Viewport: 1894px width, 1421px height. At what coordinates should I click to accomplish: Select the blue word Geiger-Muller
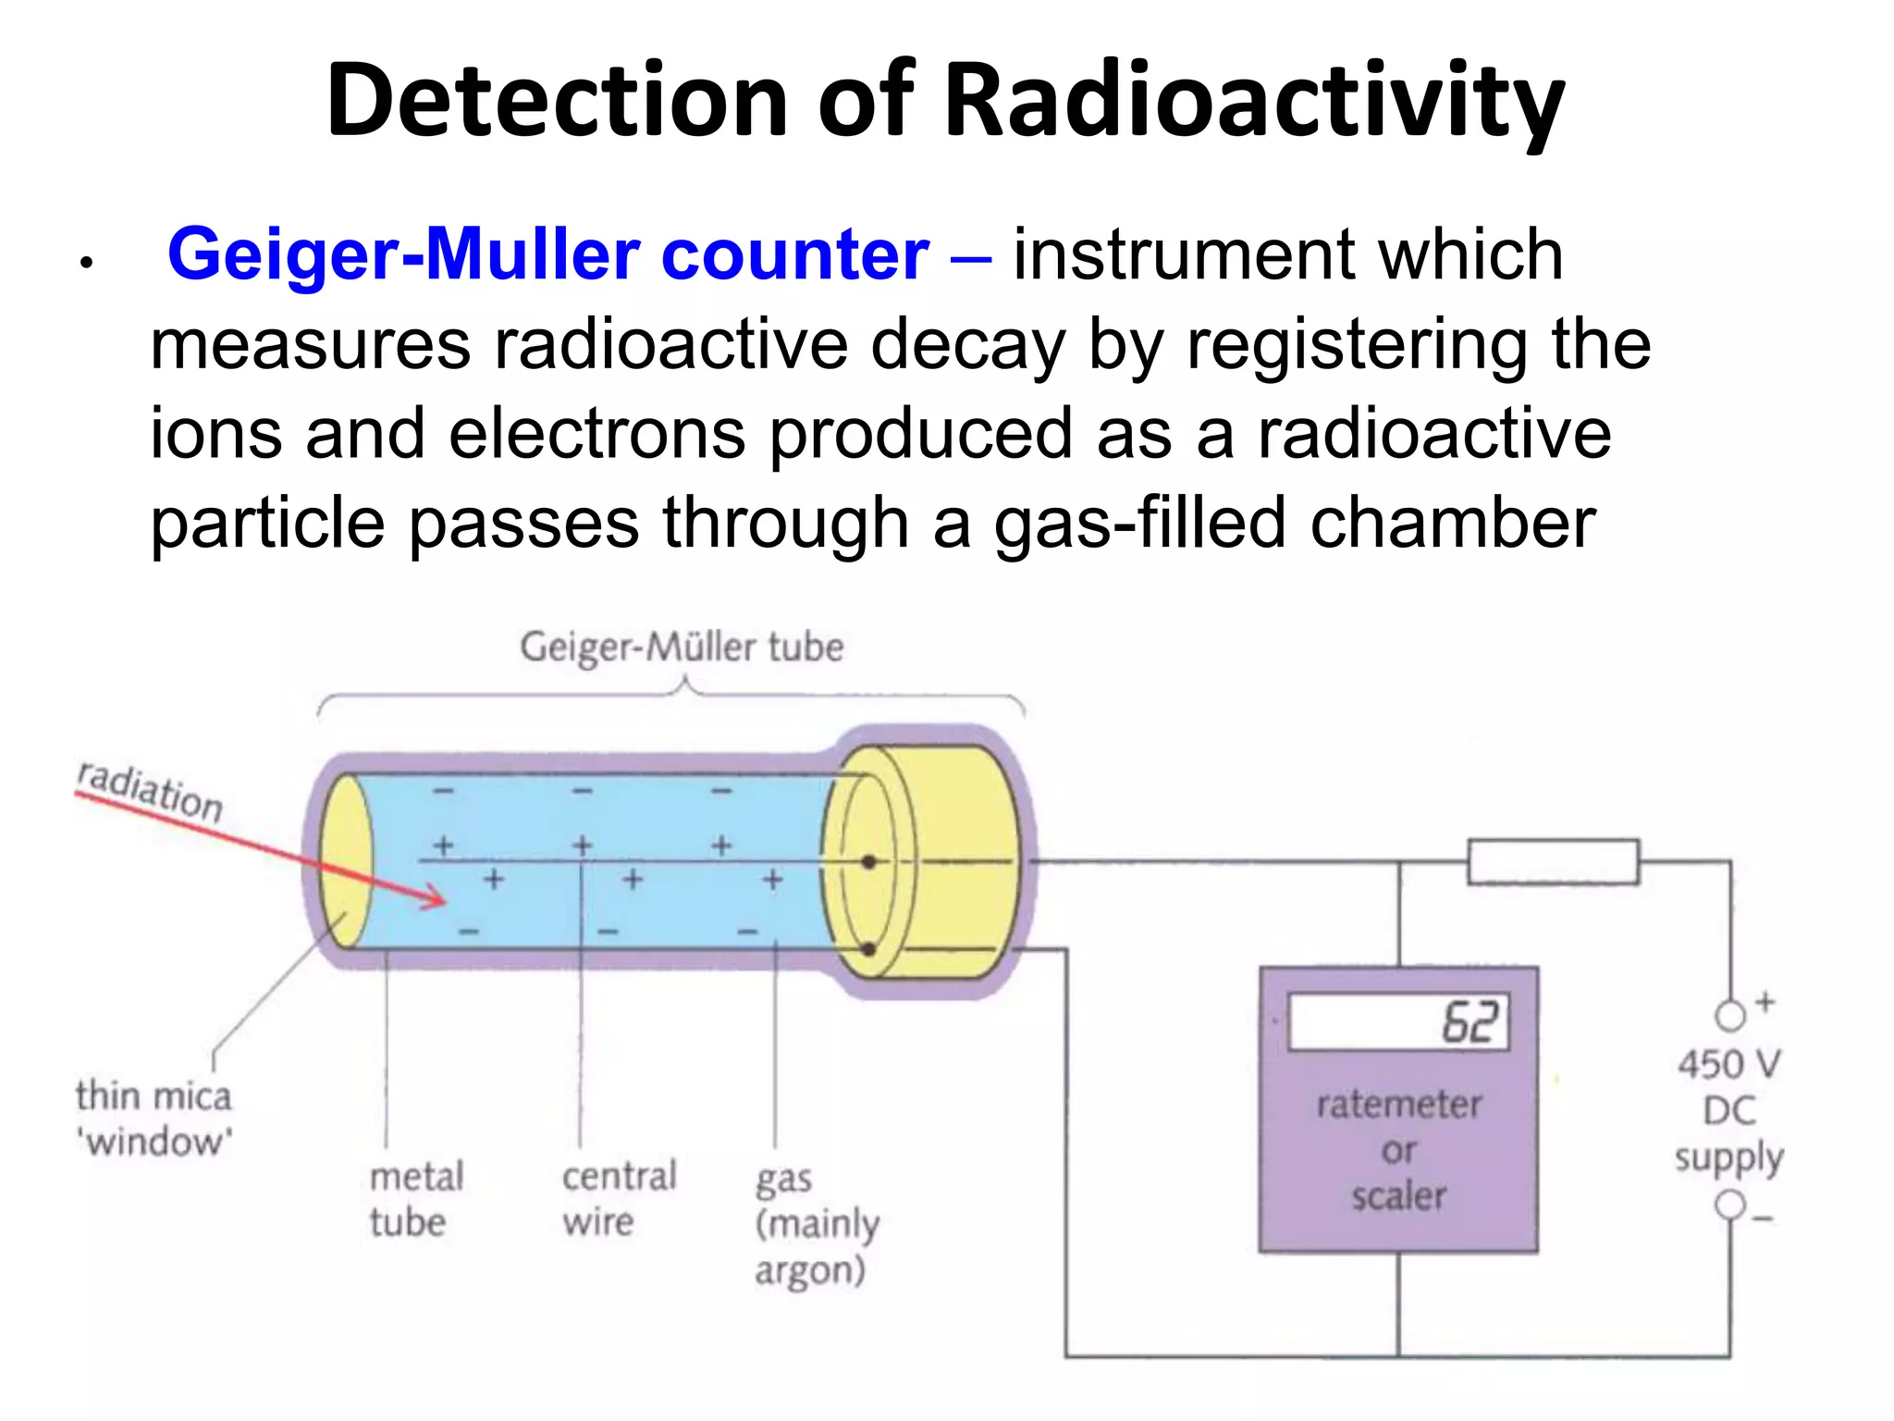tap(403, 254)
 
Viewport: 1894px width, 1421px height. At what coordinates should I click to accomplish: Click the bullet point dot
tap(86, 264)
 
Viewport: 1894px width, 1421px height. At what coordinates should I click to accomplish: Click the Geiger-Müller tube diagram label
tap(682, 647)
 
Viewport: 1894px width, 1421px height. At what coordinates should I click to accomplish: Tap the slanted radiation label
tap(150, 792)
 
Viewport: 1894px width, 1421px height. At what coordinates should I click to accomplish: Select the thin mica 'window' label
tap(154, 1118)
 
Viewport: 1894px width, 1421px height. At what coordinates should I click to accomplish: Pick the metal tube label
tap(415, 1199)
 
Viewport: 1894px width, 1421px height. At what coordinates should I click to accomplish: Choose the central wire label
tap(619, 1199)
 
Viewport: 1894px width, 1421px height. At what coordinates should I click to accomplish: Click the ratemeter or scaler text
tap(1398, 1150)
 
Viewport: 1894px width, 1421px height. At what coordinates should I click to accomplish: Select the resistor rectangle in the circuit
tap(1553, 862)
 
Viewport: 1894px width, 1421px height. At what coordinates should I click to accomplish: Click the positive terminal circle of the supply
tap(1729, 1016)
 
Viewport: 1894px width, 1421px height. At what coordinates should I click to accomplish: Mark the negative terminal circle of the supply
tap(1729, 1205)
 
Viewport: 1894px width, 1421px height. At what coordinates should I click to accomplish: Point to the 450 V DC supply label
tap(1728, 1111)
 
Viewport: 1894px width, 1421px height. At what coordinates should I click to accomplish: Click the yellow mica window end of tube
tap(345, 861)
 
